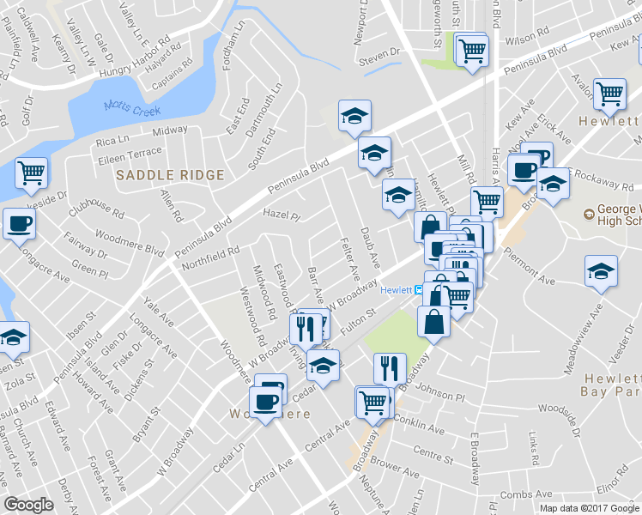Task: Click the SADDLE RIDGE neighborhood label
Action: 170,175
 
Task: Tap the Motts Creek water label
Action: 127,106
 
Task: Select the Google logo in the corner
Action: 28,505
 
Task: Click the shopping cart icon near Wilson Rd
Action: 471,50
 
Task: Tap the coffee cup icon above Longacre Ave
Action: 19,225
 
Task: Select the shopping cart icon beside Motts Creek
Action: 32,173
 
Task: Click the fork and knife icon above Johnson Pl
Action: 391,368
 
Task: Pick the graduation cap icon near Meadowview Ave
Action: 601,271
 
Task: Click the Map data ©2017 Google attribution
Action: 589,507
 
